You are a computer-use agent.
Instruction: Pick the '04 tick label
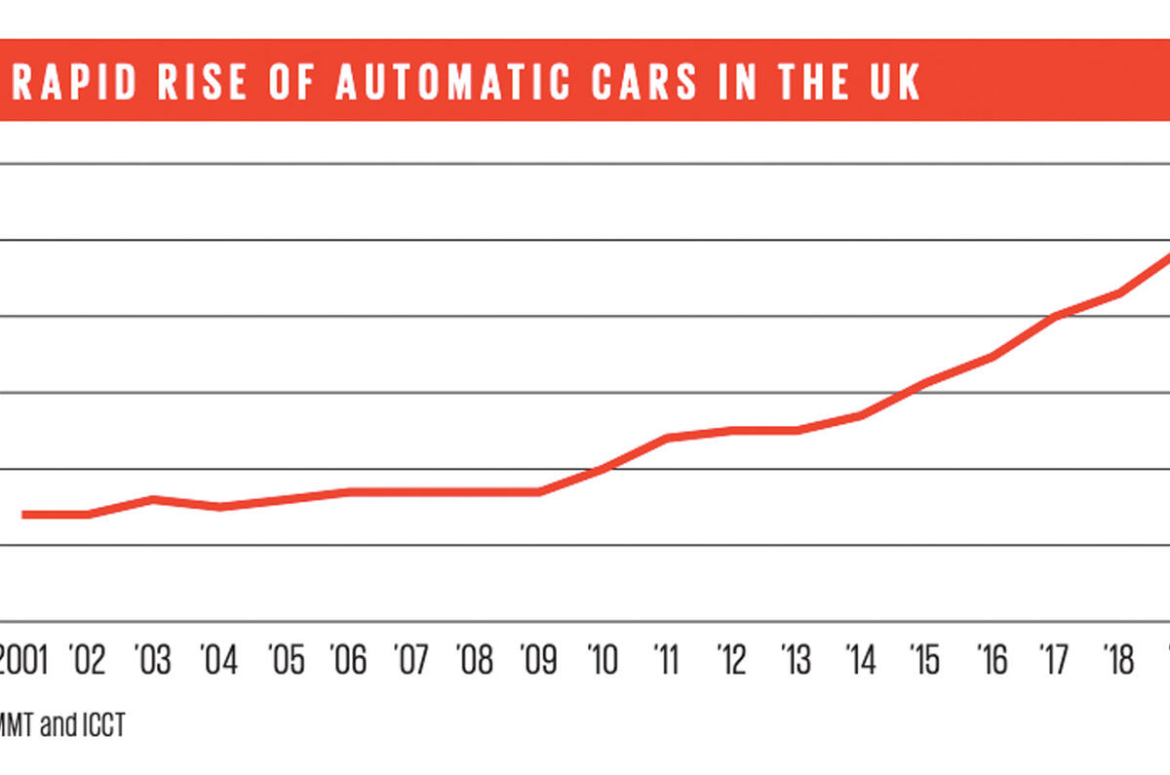218,661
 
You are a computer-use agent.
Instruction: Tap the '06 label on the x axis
348,661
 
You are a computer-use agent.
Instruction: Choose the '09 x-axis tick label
539,661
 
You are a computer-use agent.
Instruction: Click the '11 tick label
667,661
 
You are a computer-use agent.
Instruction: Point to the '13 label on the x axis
797,661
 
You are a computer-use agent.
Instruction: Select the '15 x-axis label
924,661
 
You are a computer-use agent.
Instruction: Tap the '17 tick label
1054,661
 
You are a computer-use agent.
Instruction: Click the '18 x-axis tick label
1117,661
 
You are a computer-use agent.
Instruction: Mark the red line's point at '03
153,499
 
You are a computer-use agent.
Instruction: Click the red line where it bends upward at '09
539,491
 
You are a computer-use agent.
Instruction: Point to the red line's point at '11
667,438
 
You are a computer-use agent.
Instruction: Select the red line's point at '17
1054,316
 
